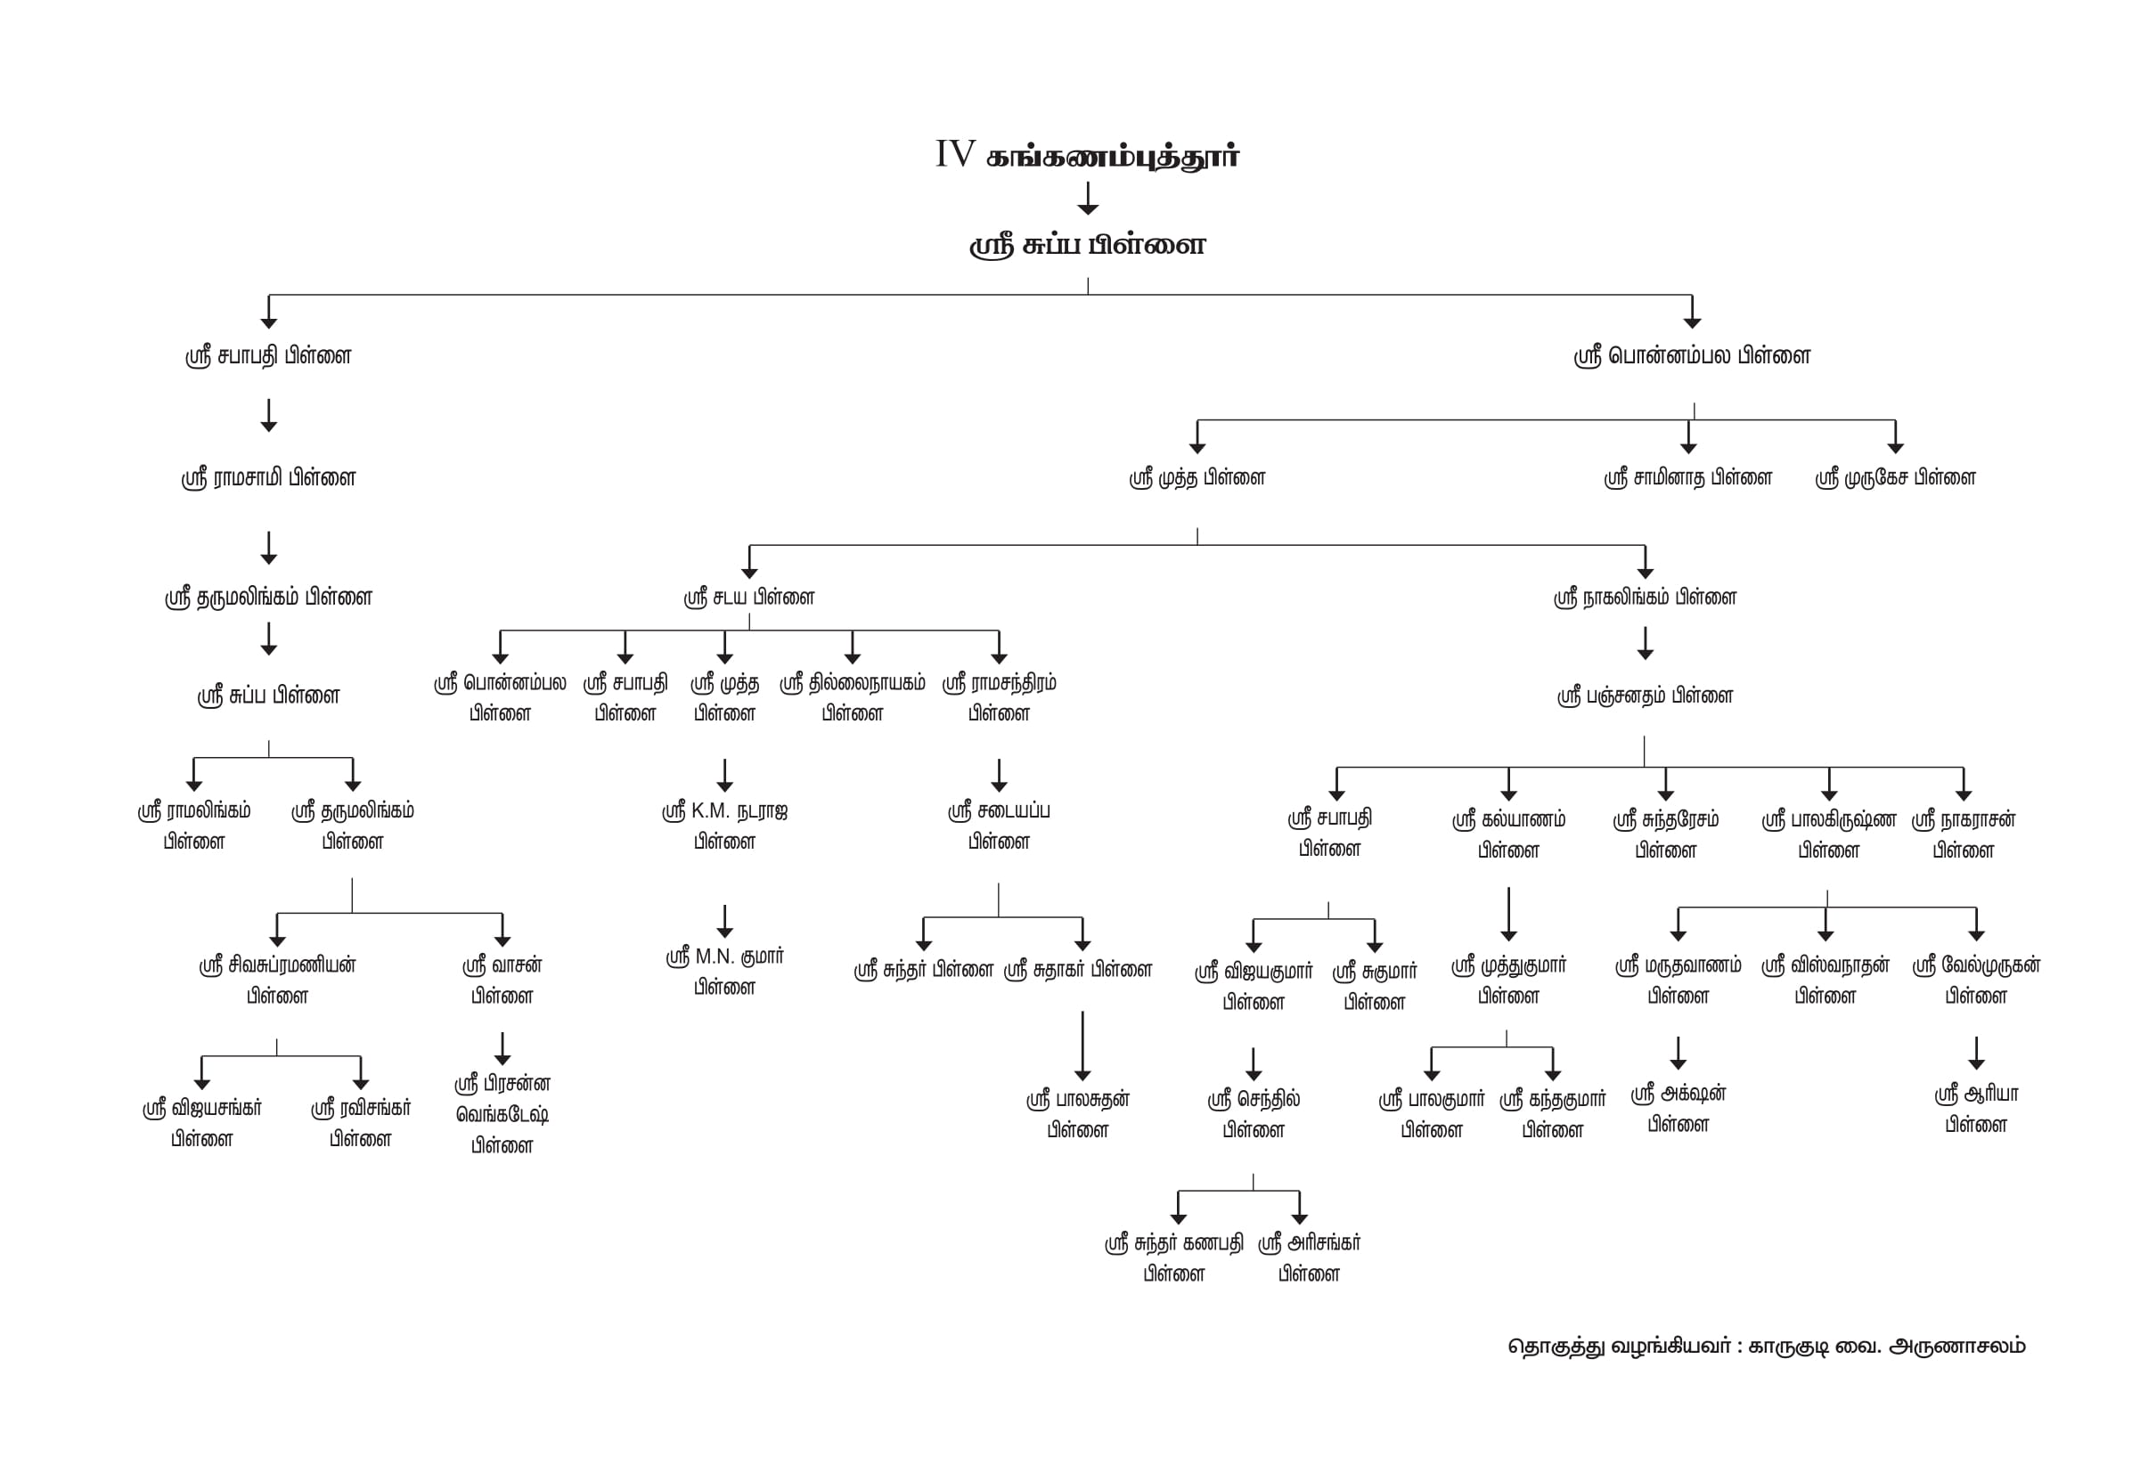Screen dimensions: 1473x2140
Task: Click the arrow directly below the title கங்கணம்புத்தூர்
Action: tap(1088, 199)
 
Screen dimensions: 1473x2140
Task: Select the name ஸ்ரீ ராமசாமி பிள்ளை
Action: tap(269, 478)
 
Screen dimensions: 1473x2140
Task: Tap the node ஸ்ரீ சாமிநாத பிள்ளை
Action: tap(1687, 478)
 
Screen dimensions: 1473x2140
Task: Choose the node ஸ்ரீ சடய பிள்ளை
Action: tap(748, 598)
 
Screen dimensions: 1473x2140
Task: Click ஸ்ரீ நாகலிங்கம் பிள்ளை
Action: tap(1645, 598)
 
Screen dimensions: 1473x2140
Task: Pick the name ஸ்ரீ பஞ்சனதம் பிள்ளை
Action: tap(1645, 696)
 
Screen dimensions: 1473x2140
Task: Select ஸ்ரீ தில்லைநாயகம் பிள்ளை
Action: tap(852, 697)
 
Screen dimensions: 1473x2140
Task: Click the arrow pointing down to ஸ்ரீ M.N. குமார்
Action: tap(724, 921)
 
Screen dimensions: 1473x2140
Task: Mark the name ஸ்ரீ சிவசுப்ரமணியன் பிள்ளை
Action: tap(277, 981)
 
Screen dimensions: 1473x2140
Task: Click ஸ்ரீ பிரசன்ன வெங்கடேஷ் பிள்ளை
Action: tap(502, 1114)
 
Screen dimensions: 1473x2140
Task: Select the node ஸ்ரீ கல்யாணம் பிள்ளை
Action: tap(1507, 834)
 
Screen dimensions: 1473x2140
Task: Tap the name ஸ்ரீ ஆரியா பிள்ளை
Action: tap(1976, 1109)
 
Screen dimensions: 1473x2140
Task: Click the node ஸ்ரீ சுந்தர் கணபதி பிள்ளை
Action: tap(1173, 1258)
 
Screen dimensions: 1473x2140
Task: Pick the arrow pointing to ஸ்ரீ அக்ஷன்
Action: tap(1678, 1053)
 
